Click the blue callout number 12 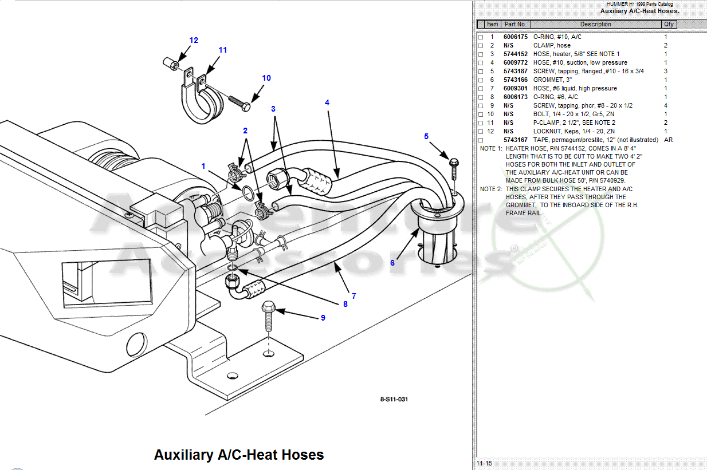[194, 40]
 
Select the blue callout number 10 [266, 78]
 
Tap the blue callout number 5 [426, 136]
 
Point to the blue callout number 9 [323, 317]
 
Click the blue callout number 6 [392, 263]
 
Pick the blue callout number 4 [327, 102]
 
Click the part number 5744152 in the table [515, 54]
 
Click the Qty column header [669, 24]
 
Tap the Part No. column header [515, 24]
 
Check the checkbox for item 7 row [481, 88]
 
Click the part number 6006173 [515, 97]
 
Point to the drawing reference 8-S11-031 [394, 399]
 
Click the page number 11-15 [484, 463]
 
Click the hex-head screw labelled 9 [268, 309]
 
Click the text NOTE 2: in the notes [491, 189]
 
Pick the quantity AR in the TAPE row [667, 140]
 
